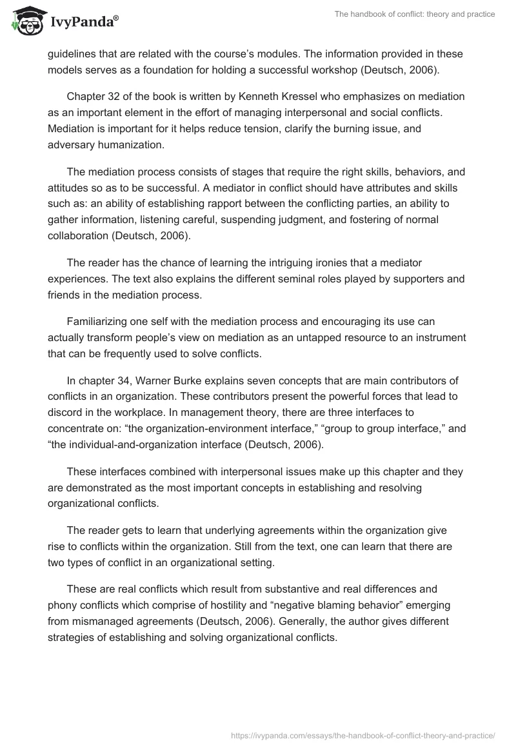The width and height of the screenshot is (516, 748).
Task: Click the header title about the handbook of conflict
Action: coord(415,15)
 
